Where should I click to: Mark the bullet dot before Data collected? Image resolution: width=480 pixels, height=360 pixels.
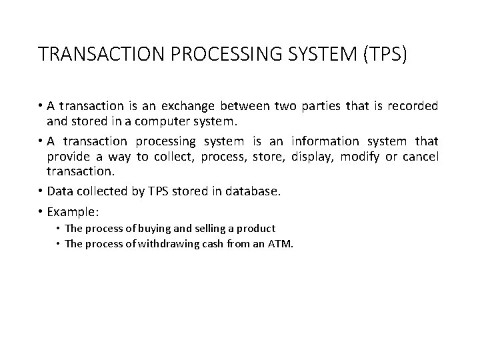coord(41,192)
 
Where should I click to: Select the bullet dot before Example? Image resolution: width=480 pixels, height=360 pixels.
coord(41,211)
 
